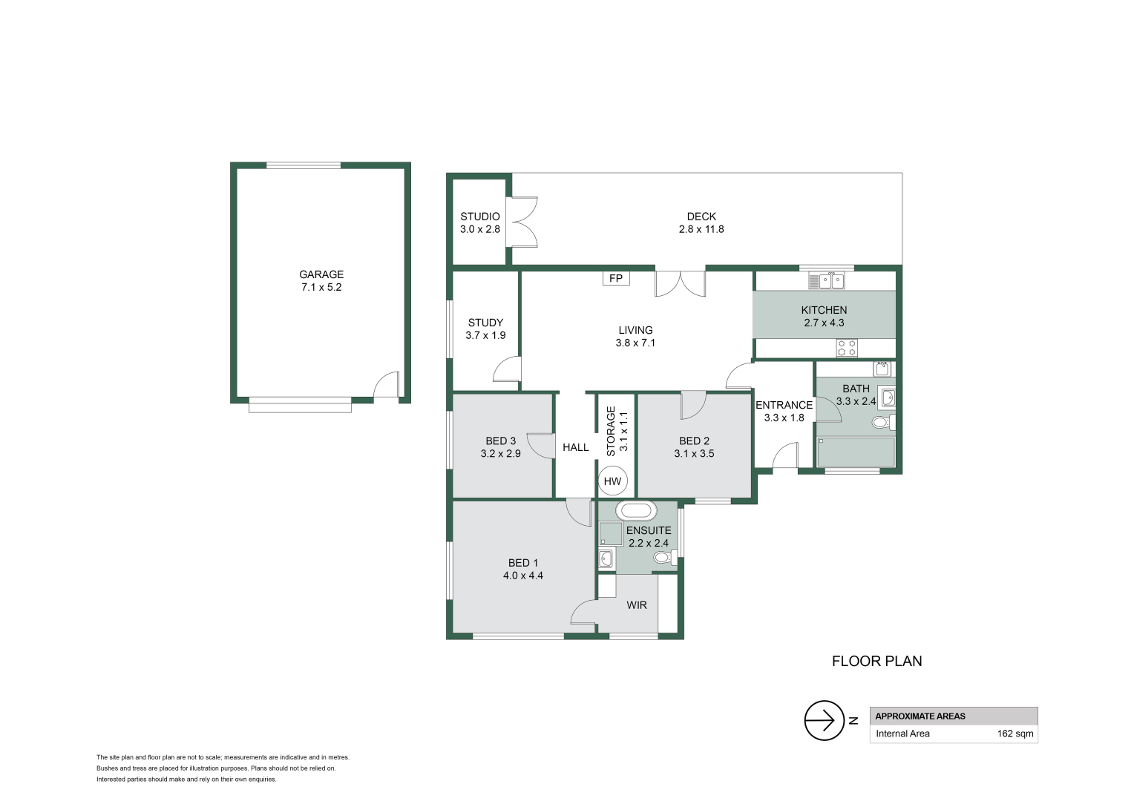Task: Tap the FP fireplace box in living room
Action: [616, 278]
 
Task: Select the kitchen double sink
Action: [827, 280]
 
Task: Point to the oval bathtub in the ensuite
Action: [636, 510]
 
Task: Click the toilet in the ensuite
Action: [665, 558]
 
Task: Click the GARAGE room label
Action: [321, 274]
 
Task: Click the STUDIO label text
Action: [480, 217]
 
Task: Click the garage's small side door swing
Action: [386, 385]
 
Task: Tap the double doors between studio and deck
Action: [522, 222]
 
